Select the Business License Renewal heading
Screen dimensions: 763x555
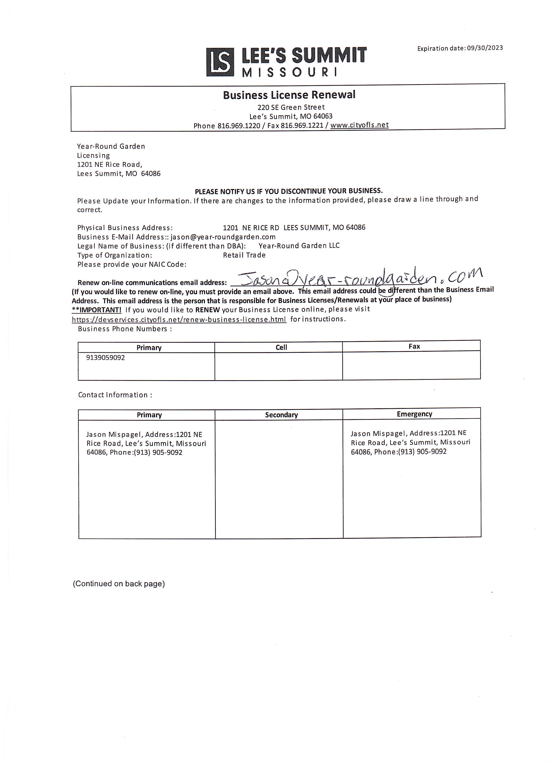coord(289,95)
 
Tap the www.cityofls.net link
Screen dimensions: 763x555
coord(359,125)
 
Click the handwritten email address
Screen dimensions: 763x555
coord(360,278)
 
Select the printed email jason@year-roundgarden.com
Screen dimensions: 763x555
coord(223,237)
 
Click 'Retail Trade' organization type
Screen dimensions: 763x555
coord(244,255)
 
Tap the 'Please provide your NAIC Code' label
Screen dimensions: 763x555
coord(132,264)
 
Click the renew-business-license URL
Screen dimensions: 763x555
coord(179,319)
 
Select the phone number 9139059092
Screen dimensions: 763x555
coord(106,358)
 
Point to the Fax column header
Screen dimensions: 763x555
coord(414,346)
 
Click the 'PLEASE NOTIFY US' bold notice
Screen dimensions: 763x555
coord(289,191)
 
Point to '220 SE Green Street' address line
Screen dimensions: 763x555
coord(291,107)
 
